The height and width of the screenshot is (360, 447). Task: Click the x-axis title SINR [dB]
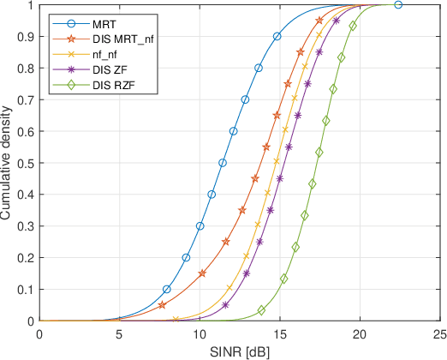(x=239, y=351)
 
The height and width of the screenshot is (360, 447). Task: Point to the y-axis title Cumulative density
(x=8, y=163)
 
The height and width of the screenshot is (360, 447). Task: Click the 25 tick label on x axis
(x=439, y=334)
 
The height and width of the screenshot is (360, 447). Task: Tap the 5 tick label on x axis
(x=119, y=334)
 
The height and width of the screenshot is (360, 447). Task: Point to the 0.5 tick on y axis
(x=26, y=163)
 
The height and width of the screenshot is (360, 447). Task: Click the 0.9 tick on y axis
(x=26, y=36)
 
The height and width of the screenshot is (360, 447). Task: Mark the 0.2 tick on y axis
(x=26, y=258)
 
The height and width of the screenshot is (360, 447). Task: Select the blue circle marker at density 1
(x=398, y=4)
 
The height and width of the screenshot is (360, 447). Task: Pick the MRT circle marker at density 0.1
(x=166, y=289)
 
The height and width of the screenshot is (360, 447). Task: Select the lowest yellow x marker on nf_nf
(x=176, y=320)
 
